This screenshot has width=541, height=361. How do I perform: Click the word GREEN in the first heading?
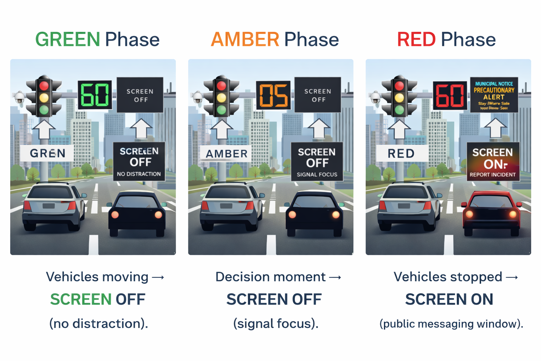pos(68,39)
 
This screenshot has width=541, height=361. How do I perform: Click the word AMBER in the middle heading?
pos(245,39)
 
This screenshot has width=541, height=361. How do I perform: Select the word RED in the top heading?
pos(416,39)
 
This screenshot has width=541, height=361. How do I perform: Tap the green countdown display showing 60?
pos(95,95)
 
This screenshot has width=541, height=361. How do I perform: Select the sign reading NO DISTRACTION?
pos(139,162)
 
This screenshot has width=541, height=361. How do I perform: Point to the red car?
pos(492,213)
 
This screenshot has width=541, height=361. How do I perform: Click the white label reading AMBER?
pos(226,154)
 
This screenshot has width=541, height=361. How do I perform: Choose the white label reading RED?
pos(401,154)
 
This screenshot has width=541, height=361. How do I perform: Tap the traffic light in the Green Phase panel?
pos(44,96)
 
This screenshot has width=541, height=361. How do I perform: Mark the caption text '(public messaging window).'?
pos(451,324)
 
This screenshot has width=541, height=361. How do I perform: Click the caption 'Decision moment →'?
pos(278,277)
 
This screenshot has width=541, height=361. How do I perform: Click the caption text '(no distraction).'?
pos(99,324)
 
